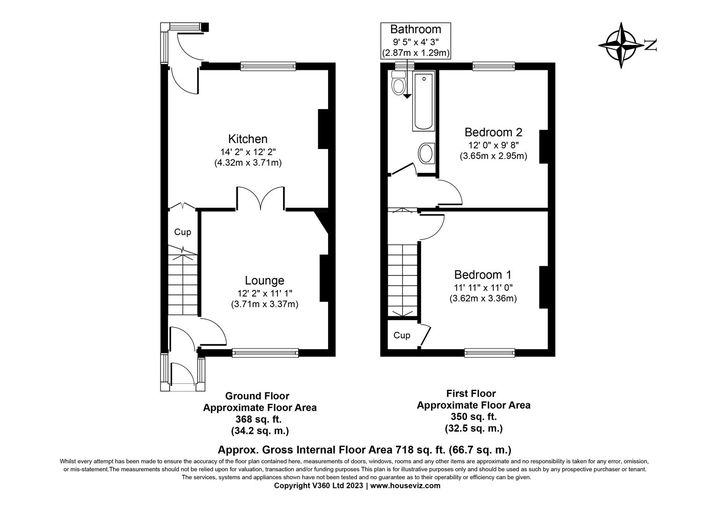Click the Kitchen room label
[x=248, y=139]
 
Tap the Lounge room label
[x=264, y=281]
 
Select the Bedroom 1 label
[x=483, y=275]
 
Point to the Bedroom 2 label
[x=493, y=132]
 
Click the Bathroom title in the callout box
[x=416, y=30]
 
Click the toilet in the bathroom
[x=399, y=83]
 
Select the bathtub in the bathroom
[x=423, y=102]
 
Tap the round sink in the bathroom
[x=426, y=153]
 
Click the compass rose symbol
[x=622, y=45]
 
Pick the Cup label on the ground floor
[x=182, y=232]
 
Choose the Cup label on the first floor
[x=401, y=335]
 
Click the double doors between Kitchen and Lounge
[x=261, y=198]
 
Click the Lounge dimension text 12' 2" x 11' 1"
[x=264, y=293]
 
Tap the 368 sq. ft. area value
[x=259, y=419]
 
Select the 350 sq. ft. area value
[x=474, y=417]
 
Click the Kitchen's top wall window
[x=268, y=67]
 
